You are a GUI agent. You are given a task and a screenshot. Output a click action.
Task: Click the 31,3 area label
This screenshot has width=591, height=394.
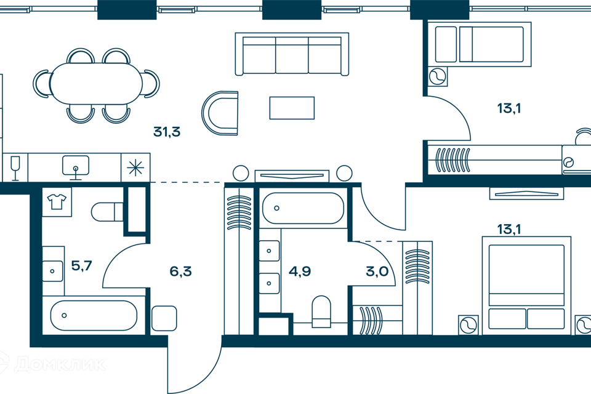(166, 131)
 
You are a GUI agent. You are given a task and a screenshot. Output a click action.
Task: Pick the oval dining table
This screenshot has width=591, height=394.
(96, 84)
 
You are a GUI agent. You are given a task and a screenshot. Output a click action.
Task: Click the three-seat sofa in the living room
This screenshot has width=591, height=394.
(288, 54)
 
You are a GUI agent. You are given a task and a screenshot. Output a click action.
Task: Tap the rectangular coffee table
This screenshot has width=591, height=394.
(292, 108)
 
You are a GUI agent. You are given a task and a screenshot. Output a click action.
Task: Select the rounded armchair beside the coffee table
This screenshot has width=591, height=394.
(220, 114)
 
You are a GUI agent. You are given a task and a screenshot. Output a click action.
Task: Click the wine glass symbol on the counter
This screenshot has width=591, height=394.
(15, 167)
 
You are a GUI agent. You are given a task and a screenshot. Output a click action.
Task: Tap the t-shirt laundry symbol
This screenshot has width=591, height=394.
(57, 201)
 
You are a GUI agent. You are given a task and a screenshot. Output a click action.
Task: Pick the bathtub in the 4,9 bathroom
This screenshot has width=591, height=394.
(302, 209)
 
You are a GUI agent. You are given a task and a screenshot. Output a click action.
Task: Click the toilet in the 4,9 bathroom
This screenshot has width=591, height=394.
(321, 311)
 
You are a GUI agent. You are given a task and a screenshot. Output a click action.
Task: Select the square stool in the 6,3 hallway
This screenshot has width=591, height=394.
(164, 318)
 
